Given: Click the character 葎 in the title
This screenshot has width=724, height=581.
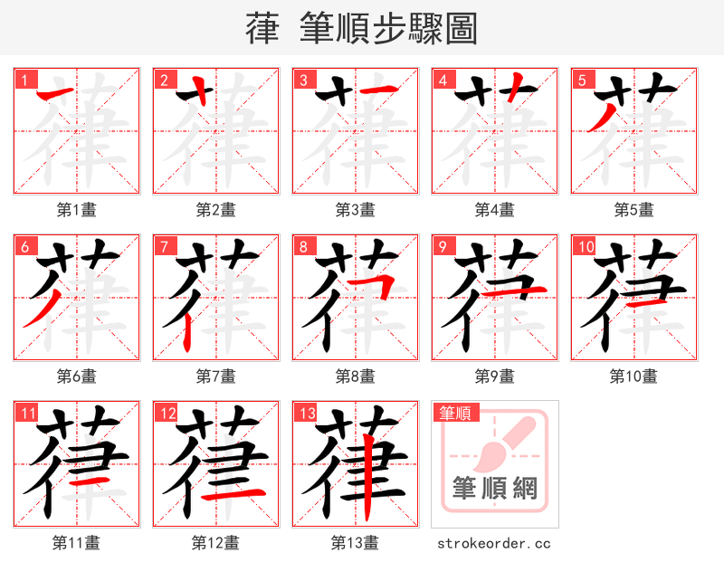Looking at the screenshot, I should point(262,29).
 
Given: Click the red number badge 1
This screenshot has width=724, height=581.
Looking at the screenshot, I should point(22,80).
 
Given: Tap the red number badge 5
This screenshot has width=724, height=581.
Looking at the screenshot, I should point(579,80).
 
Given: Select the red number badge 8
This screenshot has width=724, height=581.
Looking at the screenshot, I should point(300,246).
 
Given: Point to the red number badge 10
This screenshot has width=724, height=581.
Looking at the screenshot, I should point(583,246).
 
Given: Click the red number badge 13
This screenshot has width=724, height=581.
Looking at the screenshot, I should point(305,413).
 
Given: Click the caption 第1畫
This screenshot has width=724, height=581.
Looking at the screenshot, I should point(77,210).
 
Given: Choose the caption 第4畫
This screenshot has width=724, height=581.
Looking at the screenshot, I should point(495,210).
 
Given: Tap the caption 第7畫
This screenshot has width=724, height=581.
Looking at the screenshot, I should point(216,376).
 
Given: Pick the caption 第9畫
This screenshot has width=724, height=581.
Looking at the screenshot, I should point(495,376).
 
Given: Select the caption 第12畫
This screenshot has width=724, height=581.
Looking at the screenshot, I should point(215,543).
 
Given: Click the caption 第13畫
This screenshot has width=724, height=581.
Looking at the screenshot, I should point(355,543).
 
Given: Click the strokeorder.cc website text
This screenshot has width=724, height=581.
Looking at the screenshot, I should point(494,544).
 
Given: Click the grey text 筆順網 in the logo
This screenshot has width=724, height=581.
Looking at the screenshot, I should point(495,489).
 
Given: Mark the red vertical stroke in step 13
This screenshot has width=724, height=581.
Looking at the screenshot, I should point(367,477).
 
